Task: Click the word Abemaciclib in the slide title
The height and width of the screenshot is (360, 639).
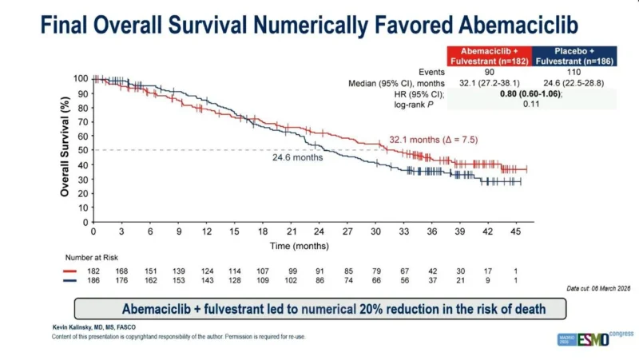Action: [518, 25]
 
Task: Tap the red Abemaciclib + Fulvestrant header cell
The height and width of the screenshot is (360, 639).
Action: [490, 56]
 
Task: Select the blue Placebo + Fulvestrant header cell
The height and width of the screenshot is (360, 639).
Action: [574, 56]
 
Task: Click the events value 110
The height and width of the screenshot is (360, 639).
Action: [574, 72]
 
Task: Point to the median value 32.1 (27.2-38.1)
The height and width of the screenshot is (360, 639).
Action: [490, 83]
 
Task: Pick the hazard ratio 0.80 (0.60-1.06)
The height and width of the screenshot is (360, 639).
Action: [530, 93]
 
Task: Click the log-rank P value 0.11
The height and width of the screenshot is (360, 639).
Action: [531, 104]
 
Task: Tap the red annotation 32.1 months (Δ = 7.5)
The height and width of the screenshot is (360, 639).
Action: [434, 140]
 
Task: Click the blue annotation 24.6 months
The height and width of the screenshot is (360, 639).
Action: [297, 157]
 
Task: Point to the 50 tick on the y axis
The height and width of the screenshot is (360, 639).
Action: [83, 150]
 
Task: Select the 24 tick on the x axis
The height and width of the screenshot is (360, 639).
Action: [319, 231]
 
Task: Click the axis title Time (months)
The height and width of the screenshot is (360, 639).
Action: [299, 246]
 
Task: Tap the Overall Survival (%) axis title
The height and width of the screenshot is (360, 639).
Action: [65, 147]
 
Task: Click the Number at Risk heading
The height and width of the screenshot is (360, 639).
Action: [92, 258]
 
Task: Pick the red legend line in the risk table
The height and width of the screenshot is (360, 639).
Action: [69, 271]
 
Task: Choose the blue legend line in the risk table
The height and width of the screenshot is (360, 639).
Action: [69, 281]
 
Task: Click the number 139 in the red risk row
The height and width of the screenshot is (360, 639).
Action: [178, 271]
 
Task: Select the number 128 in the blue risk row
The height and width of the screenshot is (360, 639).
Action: [235, 281]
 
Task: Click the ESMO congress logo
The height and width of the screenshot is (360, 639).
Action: [595, 338]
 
